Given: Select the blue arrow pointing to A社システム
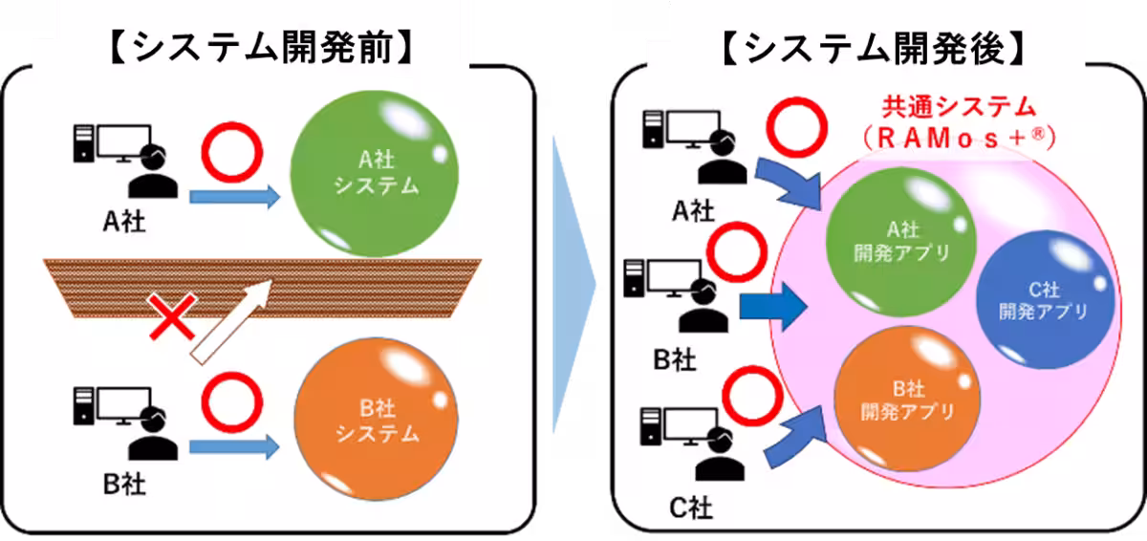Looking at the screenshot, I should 234,198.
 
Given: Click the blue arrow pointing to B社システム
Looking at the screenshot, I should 234,445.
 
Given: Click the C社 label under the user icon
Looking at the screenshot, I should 690,507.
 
